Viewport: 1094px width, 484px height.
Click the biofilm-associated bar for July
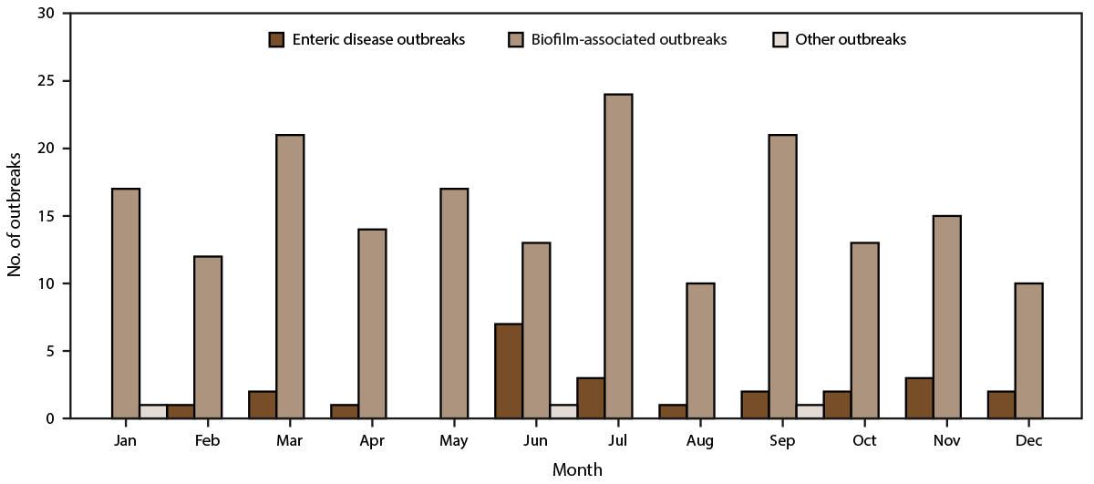617,256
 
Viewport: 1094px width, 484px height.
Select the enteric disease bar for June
508,371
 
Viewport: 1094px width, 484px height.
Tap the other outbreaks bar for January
152,411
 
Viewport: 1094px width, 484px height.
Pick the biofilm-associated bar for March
289,276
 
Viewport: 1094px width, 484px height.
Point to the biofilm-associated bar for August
699,351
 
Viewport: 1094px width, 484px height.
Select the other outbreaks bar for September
809,411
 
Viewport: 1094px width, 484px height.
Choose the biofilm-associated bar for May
453,304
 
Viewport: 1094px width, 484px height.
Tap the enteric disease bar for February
180,411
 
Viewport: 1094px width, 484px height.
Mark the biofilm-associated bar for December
1027,351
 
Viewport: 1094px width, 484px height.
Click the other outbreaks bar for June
562,411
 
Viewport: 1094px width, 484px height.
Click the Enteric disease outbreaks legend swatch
277,39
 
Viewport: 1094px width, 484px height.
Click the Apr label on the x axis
371,441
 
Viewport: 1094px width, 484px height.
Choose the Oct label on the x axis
863,441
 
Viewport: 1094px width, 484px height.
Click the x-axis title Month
576,469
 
